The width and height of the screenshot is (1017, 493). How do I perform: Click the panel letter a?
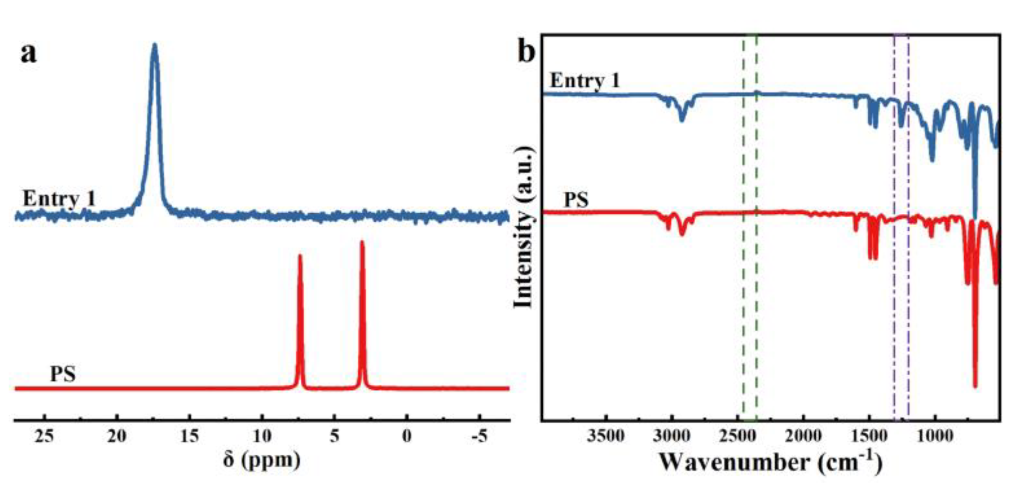[x=29, y=54]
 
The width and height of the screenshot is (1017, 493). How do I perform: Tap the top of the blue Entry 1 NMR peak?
[x=155, y=45]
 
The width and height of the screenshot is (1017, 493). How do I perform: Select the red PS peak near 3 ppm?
[x=362, y=243]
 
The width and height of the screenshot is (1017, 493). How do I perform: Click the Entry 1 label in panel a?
[x=59, y=199]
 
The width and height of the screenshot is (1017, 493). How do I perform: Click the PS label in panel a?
[x=63, y=374]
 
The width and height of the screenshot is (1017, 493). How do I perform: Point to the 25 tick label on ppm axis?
[x=44, y=436]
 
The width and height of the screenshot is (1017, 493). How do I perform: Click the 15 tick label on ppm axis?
[x=190, y=436]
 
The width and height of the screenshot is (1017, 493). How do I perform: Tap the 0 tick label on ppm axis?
[x=407, y=436]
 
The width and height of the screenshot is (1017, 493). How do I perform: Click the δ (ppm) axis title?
[x=262, y=461]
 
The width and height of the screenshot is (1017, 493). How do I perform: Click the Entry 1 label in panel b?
[x=585, y=81]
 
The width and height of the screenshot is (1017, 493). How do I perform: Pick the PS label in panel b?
[x=576, y=200]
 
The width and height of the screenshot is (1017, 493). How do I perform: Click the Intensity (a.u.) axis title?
[x=524, y=228]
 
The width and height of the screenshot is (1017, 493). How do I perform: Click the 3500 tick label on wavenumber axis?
[x=606, y=436]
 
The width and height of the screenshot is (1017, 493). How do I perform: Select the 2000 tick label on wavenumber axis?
[x=803, y=436]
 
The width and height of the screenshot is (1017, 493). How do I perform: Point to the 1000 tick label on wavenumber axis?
[x=934, y=436]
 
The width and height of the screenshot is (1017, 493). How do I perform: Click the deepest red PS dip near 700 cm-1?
[x=975, y=385]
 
